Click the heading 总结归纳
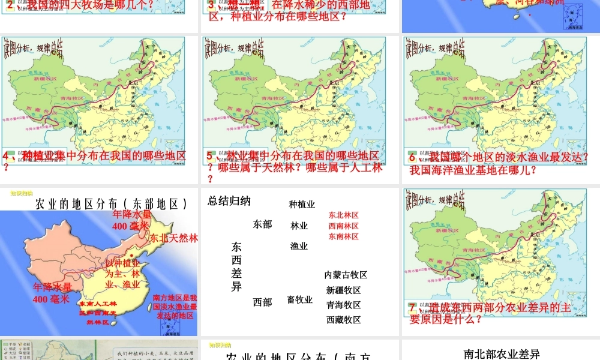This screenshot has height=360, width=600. (229, 202)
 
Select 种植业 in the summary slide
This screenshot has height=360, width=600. (302, 205)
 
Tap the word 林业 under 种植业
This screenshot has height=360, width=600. (299, 226)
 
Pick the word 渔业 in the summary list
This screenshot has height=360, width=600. (299, 246)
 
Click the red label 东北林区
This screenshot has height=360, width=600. (343, 215)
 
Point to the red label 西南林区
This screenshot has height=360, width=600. (343, 226)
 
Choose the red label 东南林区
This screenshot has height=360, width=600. (343, 236)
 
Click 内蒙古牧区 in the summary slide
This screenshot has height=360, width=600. (346, 275)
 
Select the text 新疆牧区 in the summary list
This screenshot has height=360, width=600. (343, 290)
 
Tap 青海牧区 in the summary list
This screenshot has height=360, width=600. (343, 305)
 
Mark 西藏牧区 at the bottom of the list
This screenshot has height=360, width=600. (343, 320)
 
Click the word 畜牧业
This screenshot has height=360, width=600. (299, 299)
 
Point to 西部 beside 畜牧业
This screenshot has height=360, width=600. (262, 302)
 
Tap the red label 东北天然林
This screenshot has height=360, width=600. (174, 238)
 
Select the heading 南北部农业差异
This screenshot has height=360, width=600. (502, 354)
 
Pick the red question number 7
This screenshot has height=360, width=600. (412, 307)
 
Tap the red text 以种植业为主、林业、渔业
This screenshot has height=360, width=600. (122, 274)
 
